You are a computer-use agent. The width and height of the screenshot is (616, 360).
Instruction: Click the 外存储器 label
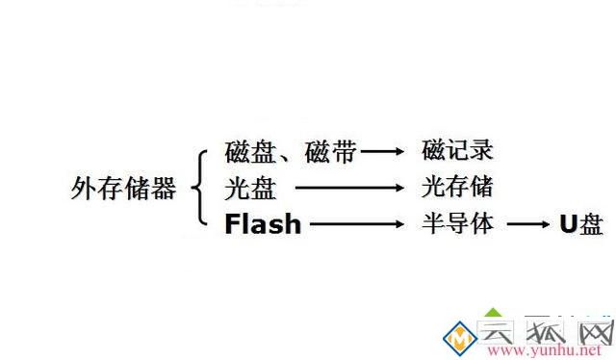(x=124, y=189)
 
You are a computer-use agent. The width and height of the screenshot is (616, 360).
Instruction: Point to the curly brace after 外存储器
(x=200, y=189)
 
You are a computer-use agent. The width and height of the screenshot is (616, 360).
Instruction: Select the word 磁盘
(x=249, y=152)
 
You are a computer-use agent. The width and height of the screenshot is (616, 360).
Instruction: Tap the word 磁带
(x=331, y=152)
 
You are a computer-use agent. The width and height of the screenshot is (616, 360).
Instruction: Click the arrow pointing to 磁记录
(x=383, y=152)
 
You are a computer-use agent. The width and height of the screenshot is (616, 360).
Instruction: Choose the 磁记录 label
(x=458, y=151)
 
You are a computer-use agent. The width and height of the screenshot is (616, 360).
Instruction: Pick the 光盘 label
(x=249, y=188)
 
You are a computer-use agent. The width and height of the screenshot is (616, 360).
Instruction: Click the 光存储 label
(x=457, y=187)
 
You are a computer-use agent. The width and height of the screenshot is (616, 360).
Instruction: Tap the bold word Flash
(x=263, y=225)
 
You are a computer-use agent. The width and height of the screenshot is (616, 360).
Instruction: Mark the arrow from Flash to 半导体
(x=356, y=225)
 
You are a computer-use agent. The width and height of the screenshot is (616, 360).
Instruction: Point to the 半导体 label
(x=458, y=224)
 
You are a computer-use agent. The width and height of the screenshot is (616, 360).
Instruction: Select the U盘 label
(x=582, y=225)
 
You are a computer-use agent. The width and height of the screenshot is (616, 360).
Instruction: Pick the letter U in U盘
(x=569, y=225)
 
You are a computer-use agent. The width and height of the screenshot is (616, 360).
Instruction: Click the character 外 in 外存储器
(x=84, y=189)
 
